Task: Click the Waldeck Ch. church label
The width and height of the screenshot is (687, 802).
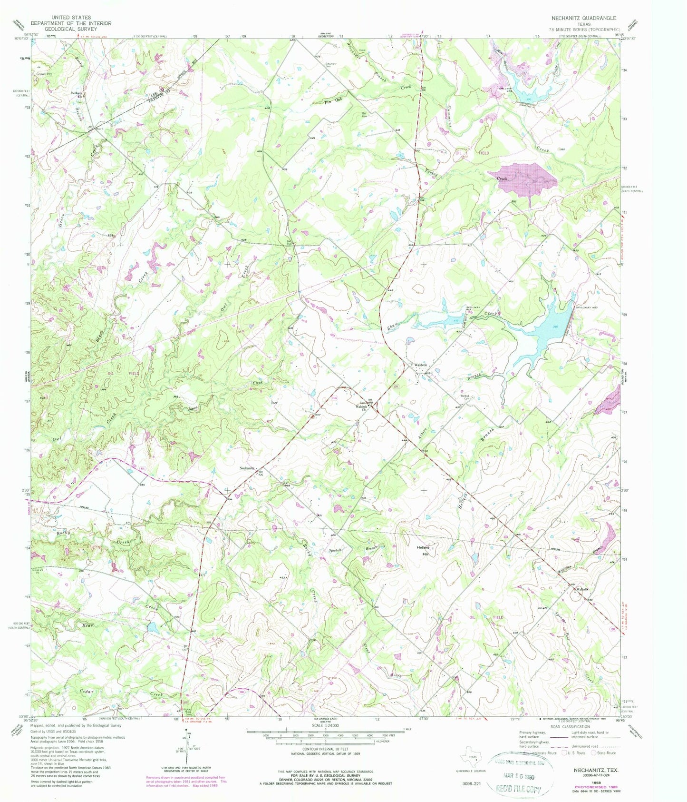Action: (362, 407)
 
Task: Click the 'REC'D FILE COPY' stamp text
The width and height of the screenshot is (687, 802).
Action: (520, 788)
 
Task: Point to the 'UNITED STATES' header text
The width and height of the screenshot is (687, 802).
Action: (71, 18)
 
